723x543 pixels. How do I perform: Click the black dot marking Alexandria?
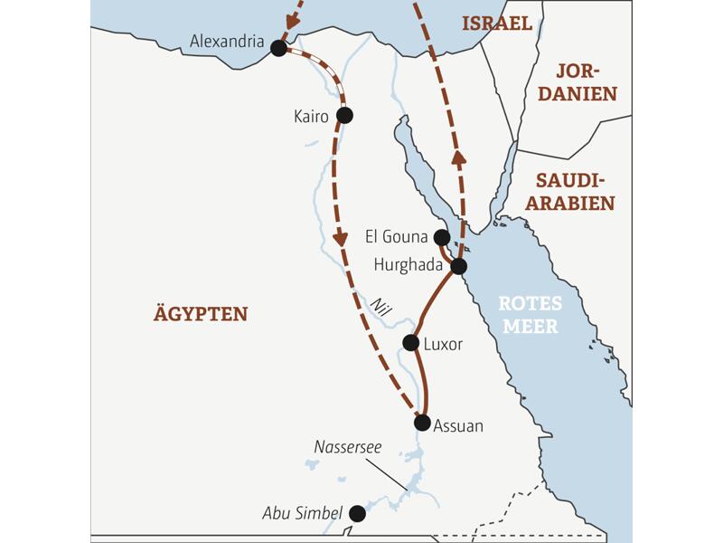pyautogui.click(x=278, y=48)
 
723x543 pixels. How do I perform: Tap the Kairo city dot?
pyautogui.click(x=343, y=115)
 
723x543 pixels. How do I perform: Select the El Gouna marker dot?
pyautogui.click(x=441, y=237)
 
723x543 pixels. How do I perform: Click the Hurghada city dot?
pyautogui.click(x=458, y=266)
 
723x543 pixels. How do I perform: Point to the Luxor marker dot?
pyautogui.click(x=410, y=343)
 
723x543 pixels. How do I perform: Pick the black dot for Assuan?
pyautogui.click(x=422, y=423)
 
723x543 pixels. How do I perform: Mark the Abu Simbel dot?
pyautogui.click(x=357, y=513)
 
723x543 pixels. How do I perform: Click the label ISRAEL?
pyautogui.click(x=497, y=24)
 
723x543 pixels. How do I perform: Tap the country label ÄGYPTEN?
pyautogui.click(x=201, y=314)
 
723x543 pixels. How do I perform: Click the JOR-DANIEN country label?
pyautogui.click(x=586, y=81)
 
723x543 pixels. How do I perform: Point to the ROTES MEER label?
pyautogui.click(x=531, y=315)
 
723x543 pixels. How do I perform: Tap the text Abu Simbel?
pyautogui.click(x=303, y=513)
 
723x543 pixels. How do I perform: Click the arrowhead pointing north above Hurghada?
pyautogui.click(x=459, y=157)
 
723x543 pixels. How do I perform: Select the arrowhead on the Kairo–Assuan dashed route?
pyautogui.click(x=341, y=239)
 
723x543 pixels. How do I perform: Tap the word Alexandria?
pyautogui.click(x=227, y=42)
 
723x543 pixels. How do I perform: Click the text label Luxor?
pyautogui.click(x=444, y=344)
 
